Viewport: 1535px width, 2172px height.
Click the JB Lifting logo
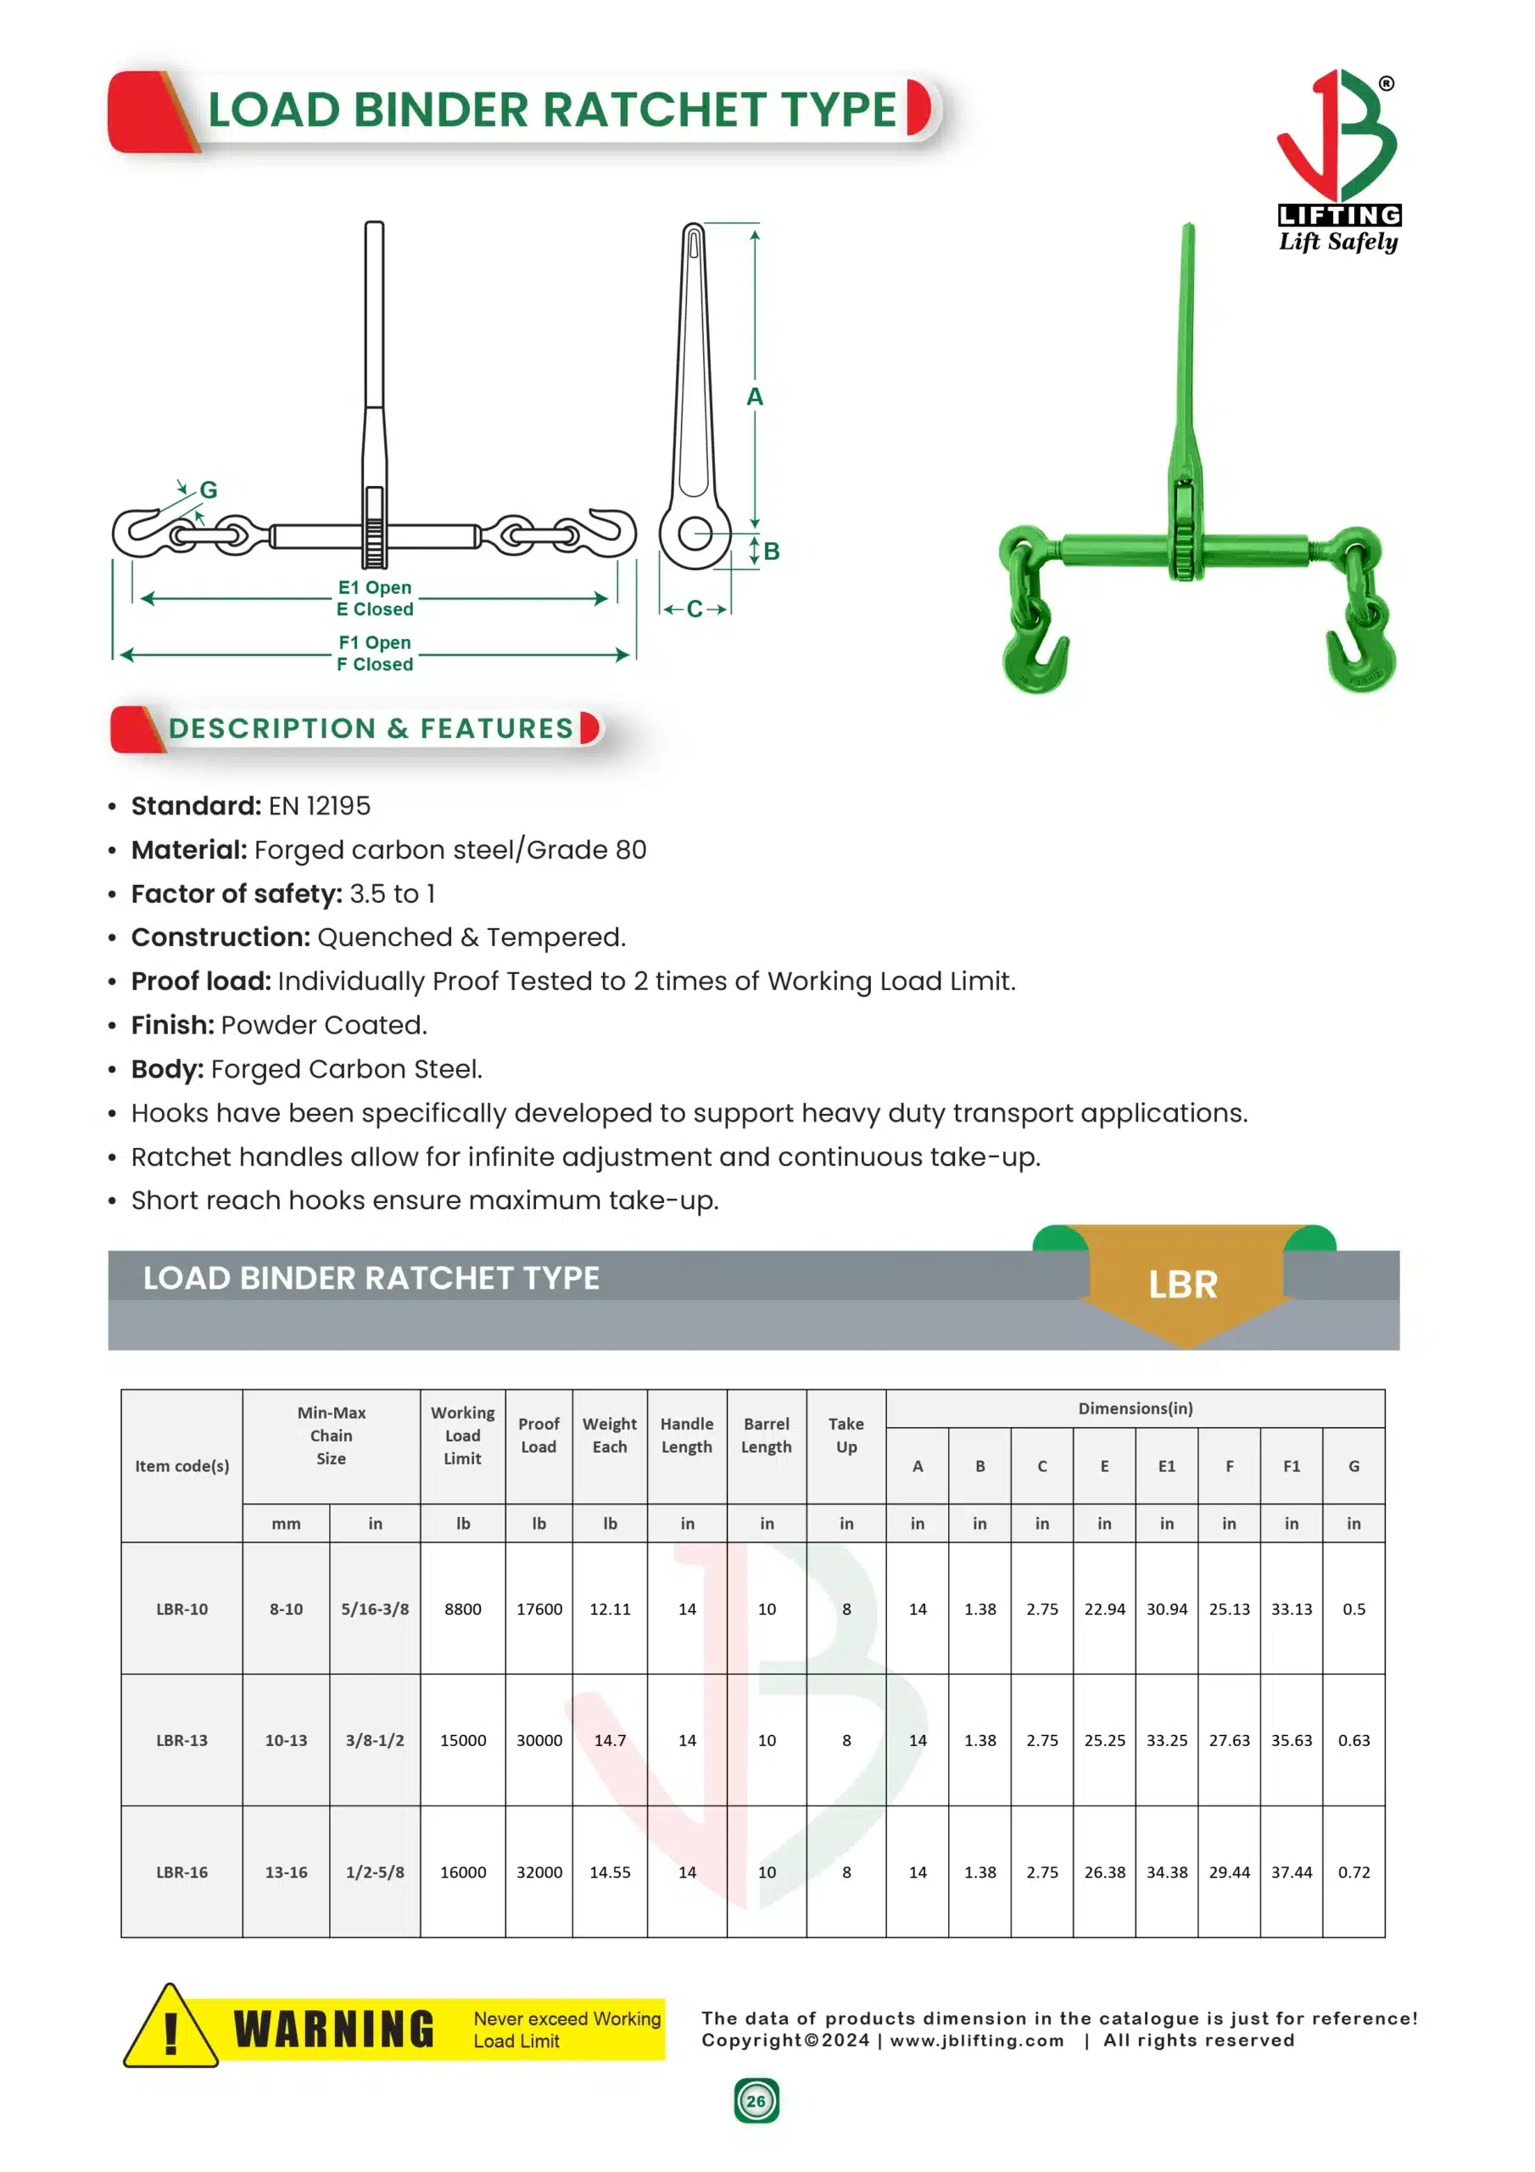coord(1337,161)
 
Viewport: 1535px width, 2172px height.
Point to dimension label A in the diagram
coord(754,397)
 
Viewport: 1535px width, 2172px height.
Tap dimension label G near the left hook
coord(208,490)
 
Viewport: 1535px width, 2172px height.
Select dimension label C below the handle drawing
coord(695,609)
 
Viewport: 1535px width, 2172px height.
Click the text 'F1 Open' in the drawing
coord(375,642)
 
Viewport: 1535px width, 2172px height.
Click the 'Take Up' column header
coord(846,1435)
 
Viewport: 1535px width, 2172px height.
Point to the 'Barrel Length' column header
coord(766,1435)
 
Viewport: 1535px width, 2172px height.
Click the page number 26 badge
coord(756,2101)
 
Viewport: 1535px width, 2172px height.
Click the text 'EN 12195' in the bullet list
coord(319,806)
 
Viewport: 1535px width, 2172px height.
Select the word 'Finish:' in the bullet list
coord(172,1025)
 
